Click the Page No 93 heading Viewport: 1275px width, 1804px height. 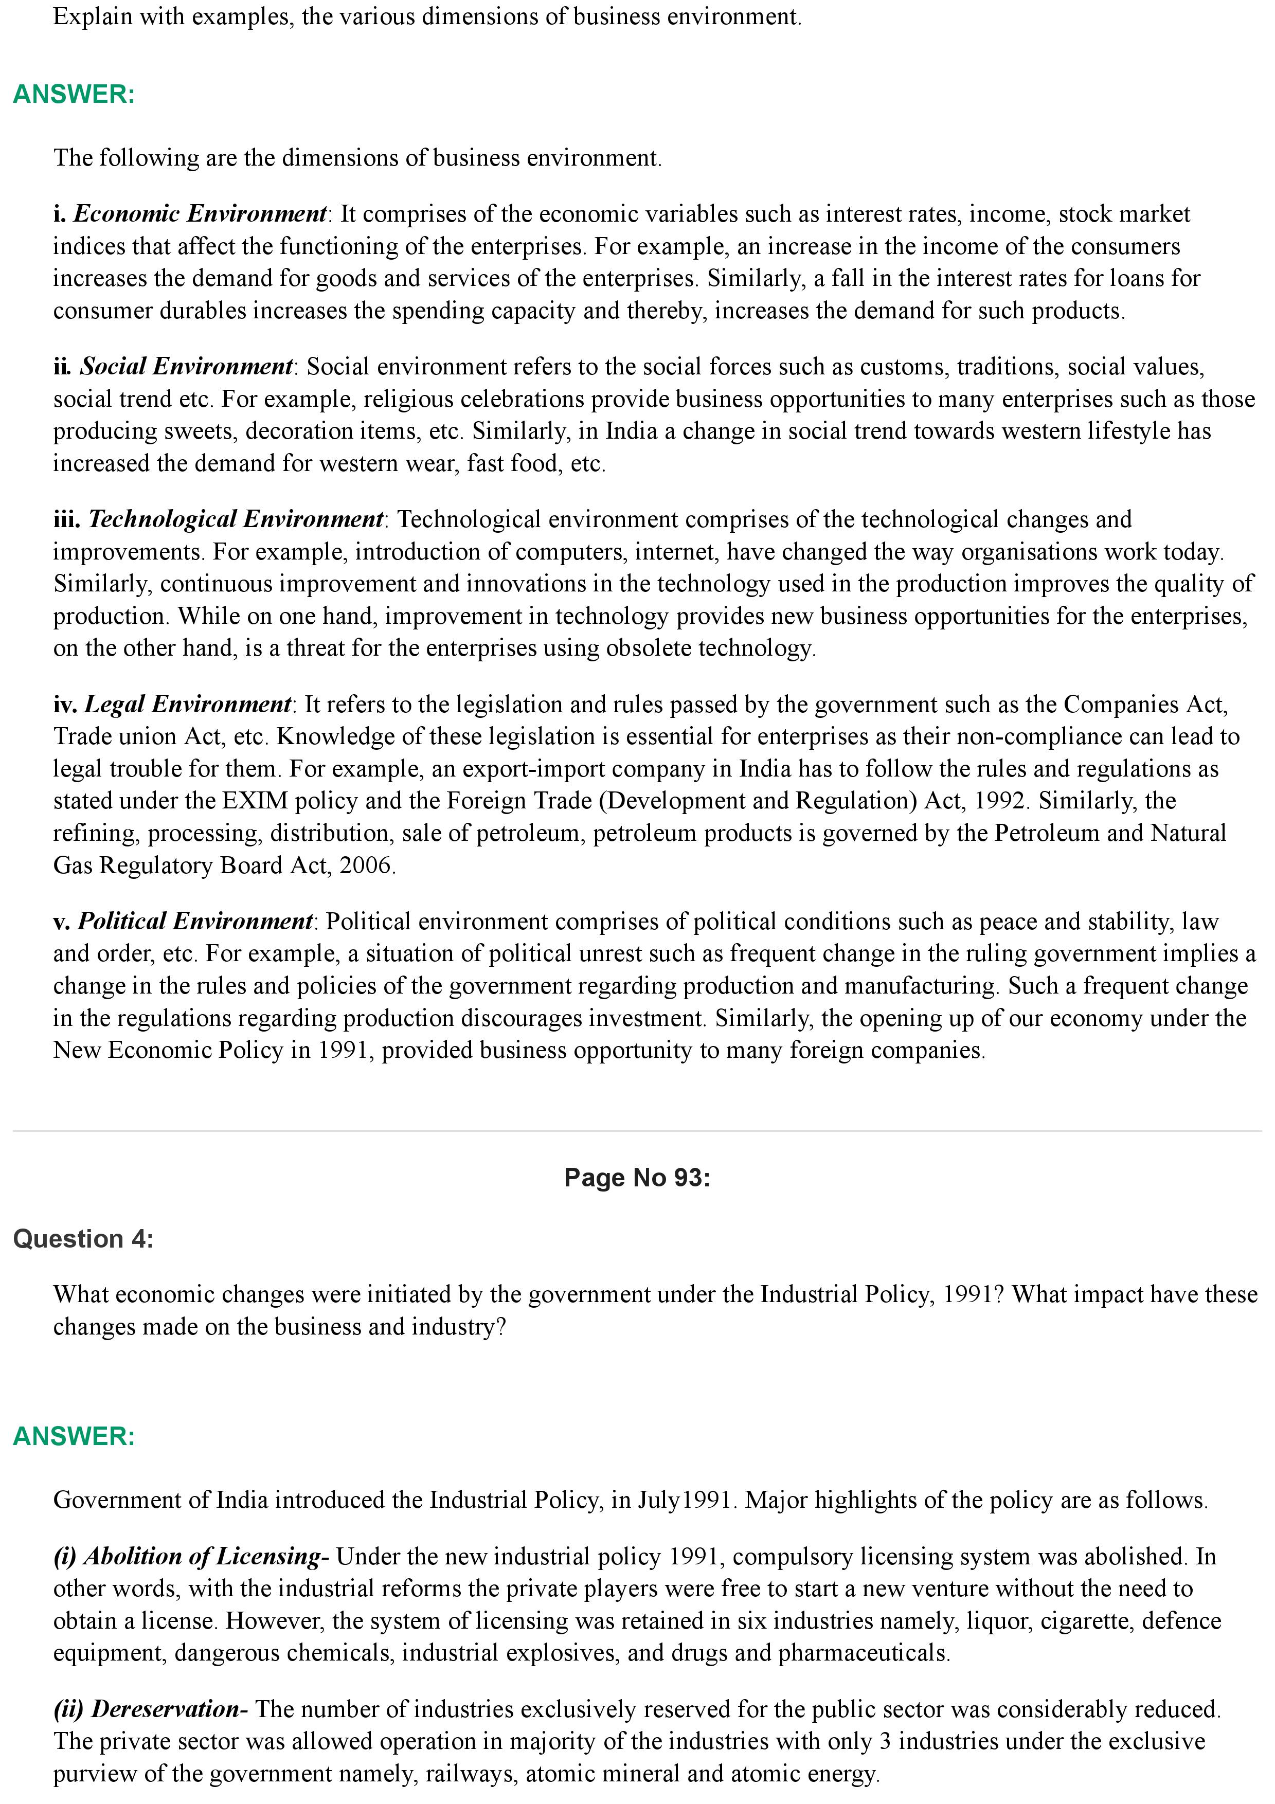coord(636,1177)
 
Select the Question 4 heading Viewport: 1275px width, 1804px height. coord(83,1238)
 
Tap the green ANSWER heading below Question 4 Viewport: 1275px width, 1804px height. coord(74,1436)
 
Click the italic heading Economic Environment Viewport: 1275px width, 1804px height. coord(200,214)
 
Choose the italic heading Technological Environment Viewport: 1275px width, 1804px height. coord(235,519)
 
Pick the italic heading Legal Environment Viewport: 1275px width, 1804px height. coord(187,704)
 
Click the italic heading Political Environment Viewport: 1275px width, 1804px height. coord(195,921)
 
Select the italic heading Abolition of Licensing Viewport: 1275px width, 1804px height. coord(203,1557)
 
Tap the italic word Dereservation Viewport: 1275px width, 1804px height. coord(165,1709)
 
